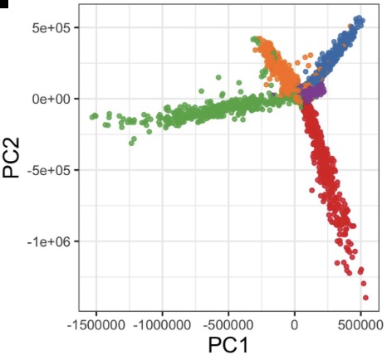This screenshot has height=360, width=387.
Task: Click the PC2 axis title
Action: (x=14, y=157)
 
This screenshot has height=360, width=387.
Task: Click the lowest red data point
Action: (x=365, y=297)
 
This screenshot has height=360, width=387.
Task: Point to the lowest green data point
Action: (x=132, y=143)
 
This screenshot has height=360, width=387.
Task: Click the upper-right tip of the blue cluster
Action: (x=360, y=18)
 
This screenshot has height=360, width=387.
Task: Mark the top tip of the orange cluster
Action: (x=257, y=39)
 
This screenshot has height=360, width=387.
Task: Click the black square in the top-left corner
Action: (x=3, y=2)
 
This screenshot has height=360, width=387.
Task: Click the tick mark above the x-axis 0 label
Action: (x=295, y=312)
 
